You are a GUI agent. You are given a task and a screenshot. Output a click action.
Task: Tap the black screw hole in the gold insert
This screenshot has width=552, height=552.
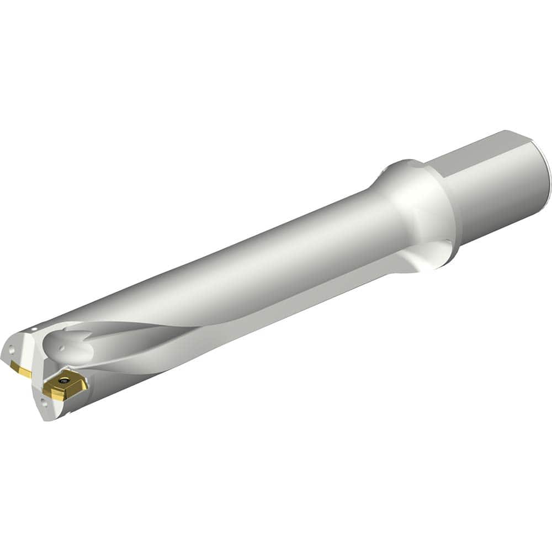pyautogui.click(x=63, y=380)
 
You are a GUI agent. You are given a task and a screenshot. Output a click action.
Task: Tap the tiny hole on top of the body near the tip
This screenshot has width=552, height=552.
pyautogui.click(x=34, y=329)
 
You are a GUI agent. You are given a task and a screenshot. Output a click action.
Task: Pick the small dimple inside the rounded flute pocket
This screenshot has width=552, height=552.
pyautogui.click(x=61, y=348)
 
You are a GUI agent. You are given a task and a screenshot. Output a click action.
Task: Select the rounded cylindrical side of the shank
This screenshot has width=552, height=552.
pyautogui.click(x=497, y=193)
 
